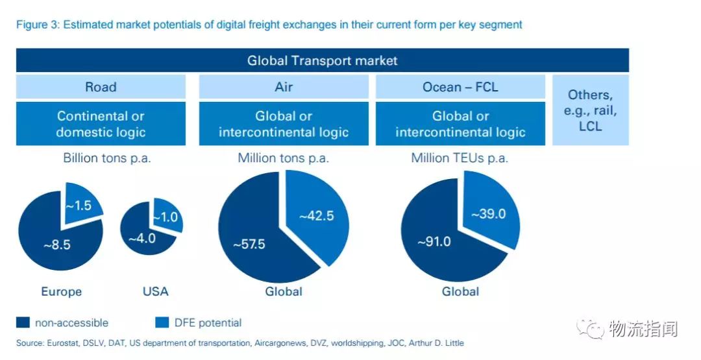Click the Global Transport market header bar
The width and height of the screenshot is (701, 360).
pyautogui.click(x=322, y=61)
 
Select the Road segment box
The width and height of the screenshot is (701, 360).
pyautogui.click(x=101, y=87)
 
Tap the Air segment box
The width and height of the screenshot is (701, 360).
pyautogui.click(x=284, y=87)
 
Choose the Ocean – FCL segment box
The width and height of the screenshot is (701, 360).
pyautogui.click(x=460, y=87)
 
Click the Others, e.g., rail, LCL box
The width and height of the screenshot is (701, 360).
pyautogui.click(x=590, y=110)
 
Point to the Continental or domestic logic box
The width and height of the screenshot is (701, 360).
pyautogui.click(x=101, y=124)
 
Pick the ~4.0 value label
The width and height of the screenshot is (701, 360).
pyautogui.click(x=141, y=238)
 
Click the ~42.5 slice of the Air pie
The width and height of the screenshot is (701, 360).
pyautogui.click(x=316, y=216)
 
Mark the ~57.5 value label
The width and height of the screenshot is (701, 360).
pyautogui.click(x=249, y=245)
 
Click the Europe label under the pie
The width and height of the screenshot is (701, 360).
pyautogui.click(x=62, y=291)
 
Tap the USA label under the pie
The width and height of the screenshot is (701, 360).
pyautogui.click(x=155, y=291)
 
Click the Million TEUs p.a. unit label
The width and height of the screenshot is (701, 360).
pyautogui.click(x=460, y=158)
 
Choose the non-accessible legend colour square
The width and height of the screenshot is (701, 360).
pyautogui.click(x=23, y=322)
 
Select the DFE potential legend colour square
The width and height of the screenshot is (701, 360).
pyautogui.click(x=162, y=322)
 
